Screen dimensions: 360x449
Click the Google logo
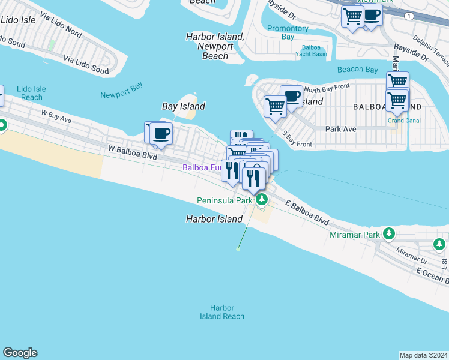[20, 353]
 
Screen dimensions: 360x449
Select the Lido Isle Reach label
[31, 93]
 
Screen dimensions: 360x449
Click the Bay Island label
[184, 106]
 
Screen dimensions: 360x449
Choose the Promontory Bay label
[288, 32]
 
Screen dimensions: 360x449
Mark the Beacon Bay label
[357, 70]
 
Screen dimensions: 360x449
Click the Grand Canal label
[403, 121]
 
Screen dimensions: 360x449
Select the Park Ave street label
[341, 128]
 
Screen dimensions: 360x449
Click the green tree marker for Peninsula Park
[261, 200]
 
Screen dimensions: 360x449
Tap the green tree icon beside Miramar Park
[389, 233]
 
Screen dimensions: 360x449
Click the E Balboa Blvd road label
[306, 214]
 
